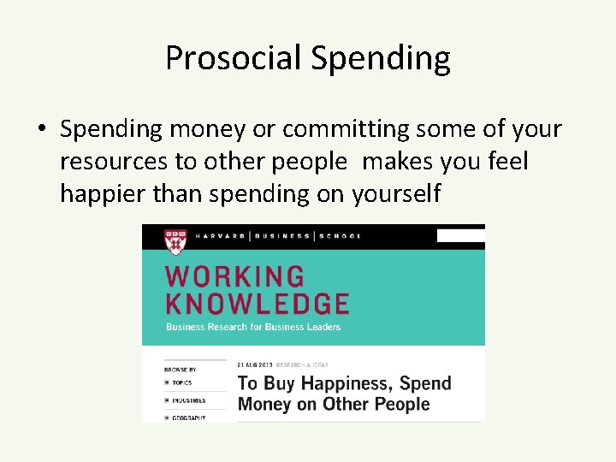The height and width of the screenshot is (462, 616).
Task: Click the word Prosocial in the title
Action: click(x=234, y=58)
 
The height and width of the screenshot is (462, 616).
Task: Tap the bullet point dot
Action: click(x=41, y=130)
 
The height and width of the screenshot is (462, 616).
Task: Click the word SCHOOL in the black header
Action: click(x=341, y=236)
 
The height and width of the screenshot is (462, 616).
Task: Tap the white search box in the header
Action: click(x=460, y=235)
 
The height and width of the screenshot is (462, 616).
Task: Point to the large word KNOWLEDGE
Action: click(x=257, y=304)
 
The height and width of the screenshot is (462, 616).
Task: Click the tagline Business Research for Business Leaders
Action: click(x=253, y=327)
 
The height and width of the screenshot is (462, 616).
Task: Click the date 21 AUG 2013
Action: click(x=252, y=365)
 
